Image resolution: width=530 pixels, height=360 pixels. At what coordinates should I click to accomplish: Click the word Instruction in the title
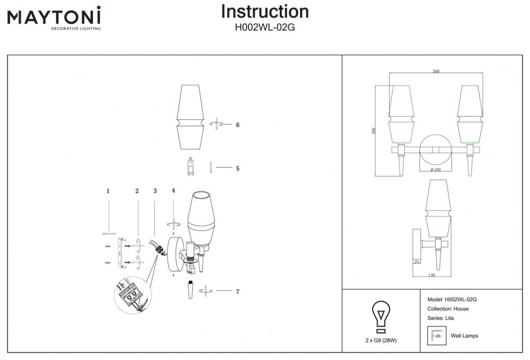click(x=265, y=12)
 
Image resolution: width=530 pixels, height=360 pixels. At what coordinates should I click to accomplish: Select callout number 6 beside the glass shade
click(x=237, y=125)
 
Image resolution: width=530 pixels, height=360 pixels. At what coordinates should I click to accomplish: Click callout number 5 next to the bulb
click(x=237, y=169)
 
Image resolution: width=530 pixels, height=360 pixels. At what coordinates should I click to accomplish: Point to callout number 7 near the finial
click(x=237, y=292)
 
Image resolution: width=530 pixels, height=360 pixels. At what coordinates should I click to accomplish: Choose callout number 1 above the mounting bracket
click(x=108, y=191)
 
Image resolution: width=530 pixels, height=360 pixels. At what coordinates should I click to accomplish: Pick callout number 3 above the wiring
click(x=155, y=191)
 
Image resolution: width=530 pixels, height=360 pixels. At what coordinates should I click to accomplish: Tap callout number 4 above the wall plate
click(x=173, y=190)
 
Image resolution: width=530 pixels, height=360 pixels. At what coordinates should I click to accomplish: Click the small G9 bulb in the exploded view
click(x=190, y=166)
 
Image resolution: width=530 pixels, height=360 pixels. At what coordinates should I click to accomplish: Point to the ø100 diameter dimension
click(x=436, y=170)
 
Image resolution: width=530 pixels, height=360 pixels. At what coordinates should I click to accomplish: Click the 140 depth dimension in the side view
click(x=432, y=275)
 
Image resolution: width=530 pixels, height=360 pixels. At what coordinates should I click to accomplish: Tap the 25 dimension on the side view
click(x=416, y=262)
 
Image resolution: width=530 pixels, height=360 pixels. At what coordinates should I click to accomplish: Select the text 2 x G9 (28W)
click(x=381, y=340)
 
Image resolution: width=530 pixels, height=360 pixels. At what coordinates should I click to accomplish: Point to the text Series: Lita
click(x=441, y=318)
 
